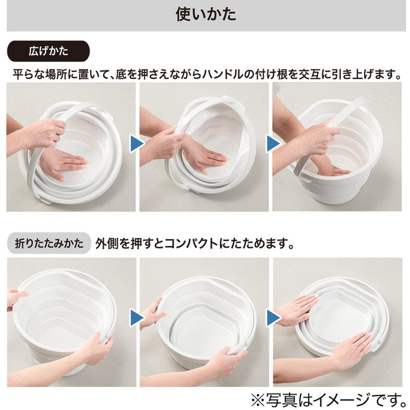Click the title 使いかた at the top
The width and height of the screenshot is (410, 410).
[206, 15]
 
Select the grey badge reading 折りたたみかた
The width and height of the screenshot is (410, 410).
[49, 242]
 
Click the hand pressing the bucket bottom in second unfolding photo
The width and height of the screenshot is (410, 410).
[202, 155]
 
